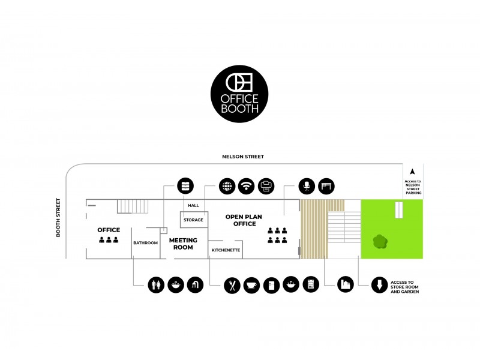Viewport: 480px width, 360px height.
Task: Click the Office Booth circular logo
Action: coord(239,94)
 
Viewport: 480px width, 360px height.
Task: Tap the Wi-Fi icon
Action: coord(247,186)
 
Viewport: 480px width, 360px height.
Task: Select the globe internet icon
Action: coord(227,186)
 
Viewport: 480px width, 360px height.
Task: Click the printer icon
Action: coord(266,186)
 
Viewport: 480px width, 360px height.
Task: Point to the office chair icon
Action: coord(307,186)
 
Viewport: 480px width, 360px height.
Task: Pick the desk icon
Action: coord(326,186)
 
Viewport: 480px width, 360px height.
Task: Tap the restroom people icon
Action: coord(157,285)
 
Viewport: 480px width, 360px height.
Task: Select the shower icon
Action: coord(196,285)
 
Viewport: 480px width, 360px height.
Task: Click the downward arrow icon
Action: coord(379,285)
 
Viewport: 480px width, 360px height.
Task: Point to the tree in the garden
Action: coord(379,242)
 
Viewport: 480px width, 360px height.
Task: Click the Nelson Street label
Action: coord(243,157)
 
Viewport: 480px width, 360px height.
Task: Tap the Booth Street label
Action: coord(59,217)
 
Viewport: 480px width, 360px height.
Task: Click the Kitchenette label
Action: coord(226,249)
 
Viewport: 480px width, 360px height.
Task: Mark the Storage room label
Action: coord(193,220)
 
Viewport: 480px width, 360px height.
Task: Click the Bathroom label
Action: coord(146,243)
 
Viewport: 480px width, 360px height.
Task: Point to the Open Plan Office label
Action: coord(241,220)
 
